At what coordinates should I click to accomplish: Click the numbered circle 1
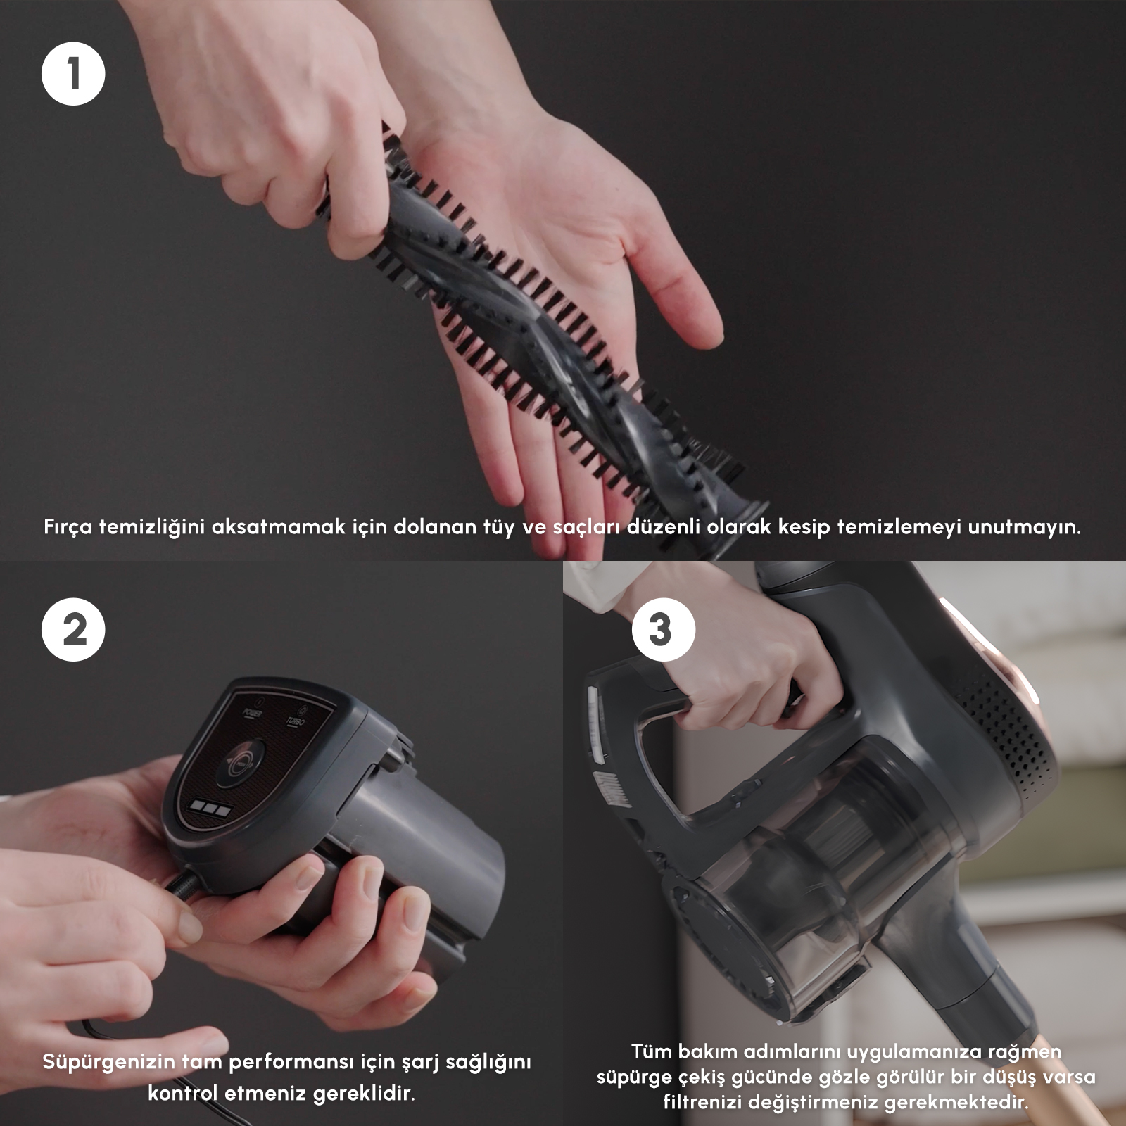73,74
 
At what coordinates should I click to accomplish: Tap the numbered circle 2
73,629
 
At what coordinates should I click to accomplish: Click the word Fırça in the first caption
68,527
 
